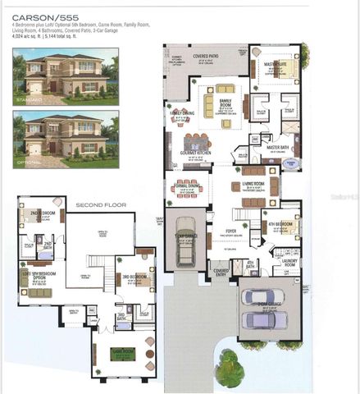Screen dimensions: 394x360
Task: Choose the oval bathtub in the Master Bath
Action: coord(291,163)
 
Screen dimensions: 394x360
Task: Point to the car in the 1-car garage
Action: coord(186,241)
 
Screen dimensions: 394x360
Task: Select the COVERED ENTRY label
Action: coord(221,270)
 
